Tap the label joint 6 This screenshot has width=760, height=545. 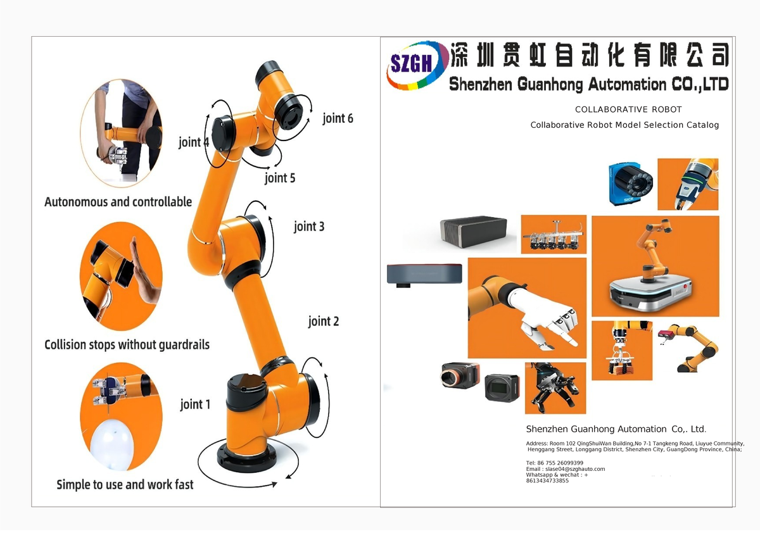pyautogui.click(x=338, y=118)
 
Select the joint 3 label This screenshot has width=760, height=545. pyautogui.click(x=309, y=226)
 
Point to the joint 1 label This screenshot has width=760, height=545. pyautogui.click(x=195, y=404)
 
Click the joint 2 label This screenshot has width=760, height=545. pyautogui.click(x=324, y=321)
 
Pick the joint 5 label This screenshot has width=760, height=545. pyautogui.click(x=279, y=178)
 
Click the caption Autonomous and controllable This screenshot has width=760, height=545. pyautogui.click(x=118, y=202)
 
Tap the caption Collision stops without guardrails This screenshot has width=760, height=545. pyautogui.click(x=127, y=344)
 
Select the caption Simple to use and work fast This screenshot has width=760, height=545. pyautogui.click(x=125, y=484)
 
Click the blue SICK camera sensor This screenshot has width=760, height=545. pyautogui.click(x=630, y=183)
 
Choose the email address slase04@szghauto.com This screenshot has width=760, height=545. pyautogui.click(x=565, y=469)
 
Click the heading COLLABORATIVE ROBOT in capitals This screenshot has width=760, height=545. pyautogui.click(x=628, y=110)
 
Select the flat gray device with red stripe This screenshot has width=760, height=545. pyautogui.click(x=424, y=274)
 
